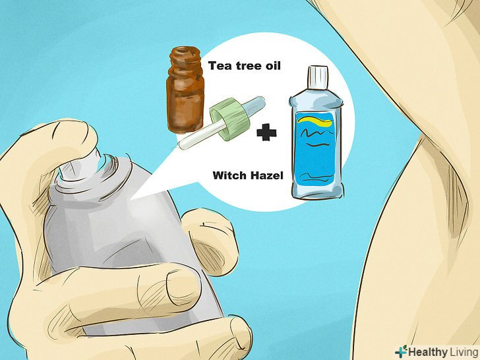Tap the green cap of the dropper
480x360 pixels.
(x=229, y=118)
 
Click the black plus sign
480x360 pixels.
(x=266, y=133)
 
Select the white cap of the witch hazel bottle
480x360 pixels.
(x=318, y=78)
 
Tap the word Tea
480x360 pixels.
(x=220, y=66)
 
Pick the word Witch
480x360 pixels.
(x=229, y=175)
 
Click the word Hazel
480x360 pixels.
(x=266, y=175)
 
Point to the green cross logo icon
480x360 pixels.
(x=401, y=351)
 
